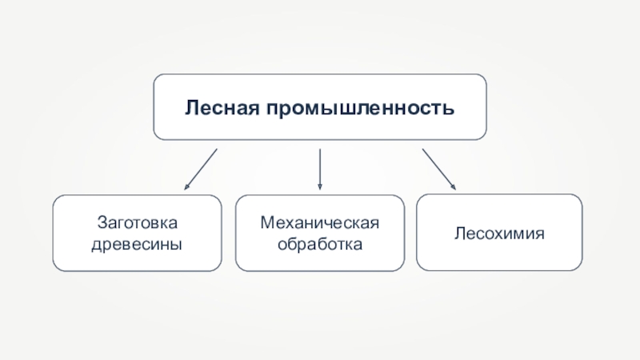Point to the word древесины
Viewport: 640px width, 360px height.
pos(135,242)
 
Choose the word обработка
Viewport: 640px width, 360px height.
pos(319,242)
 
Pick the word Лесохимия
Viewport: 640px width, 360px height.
pos(499,234)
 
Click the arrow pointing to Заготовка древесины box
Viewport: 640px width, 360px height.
pos(200,169)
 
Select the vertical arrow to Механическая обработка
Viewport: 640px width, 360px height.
pos(320,169)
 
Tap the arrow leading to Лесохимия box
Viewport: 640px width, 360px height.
pos(438,169)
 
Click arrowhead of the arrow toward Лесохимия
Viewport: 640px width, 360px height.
pos(453,187)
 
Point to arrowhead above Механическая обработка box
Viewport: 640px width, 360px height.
pos(320,187)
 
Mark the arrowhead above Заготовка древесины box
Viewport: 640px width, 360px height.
pos(186,187)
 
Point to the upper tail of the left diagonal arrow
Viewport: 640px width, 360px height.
pos(216,149)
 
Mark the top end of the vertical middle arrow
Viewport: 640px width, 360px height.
pos(320,149)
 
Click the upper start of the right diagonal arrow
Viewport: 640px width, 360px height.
pos(423,149)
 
